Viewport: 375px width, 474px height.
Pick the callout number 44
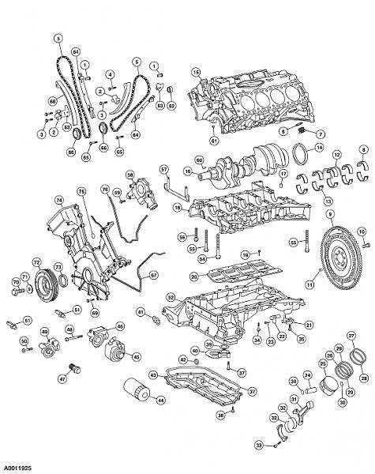(x=161, y=401)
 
